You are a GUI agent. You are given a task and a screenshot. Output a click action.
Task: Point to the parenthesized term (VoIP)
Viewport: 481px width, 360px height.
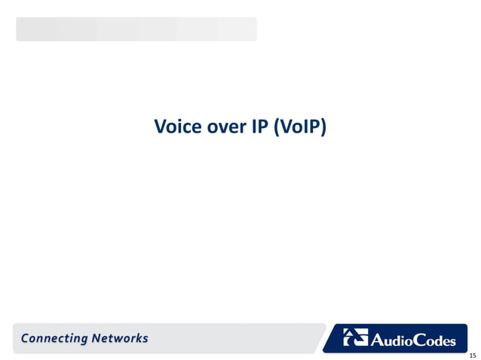coord(300,127)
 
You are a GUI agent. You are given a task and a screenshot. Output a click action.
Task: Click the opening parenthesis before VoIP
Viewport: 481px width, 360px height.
coord(277,127)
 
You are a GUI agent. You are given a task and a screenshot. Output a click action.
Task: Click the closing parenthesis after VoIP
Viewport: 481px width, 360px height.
coord(323,127)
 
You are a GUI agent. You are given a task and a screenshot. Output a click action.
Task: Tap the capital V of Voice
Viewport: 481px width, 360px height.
coord(160,127)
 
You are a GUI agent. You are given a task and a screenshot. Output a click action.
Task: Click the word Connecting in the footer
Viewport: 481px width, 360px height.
coord(54,338)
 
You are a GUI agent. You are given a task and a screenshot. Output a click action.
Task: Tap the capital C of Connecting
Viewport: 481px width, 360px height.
coord(26,338)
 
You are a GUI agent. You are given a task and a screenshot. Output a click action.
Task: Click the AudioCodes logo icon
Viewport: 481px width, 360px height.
coord(355,338)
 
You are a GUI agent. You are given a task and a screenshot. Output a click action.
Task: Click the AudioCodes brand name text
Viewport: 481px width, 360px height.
coord(413,340)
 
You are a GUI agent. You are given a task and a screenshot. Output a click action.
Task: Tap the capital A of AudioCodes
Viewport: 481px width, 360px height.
coord(375,340)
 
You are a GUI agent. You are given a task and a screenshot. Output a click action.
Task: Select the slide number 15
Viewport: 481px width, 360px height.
coord(472,355)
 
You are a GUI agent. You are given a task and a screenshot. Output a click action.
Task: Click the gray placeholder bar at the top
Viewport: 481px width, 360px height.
coord(136,29)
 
